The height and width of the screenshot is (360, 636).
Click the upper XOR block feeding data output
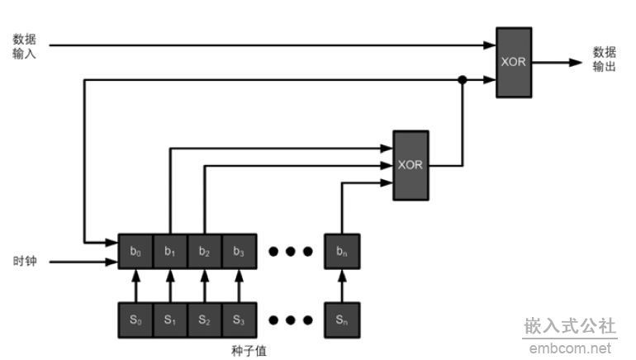[513, 62]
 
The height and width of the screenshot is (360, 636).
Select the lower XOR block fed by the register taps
[411, 164]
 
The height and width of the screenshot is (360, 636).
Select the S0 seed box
[135, 320]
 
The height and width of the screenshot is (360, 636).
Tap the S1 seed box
[170, 320]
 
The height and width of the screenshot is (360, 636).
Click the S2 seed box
[205, 320]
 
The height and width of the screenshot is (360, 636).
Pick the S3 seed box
[239, 320]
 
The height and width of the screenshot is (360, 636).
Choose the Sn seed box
[342, 320]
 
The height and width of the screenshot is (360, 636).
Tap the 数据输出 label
[605, 59]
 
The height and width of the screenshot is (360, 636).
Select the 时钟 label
[24, 262]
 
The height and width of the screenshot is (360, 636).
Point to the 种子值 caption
[249, 350]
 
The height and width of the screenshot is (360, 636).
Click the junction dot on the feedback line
[463, 80]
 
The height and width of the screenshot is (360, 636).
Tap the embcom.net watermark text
[570, 348]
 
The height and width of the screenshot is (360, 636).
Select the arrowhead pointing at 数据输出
[576, 62]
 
